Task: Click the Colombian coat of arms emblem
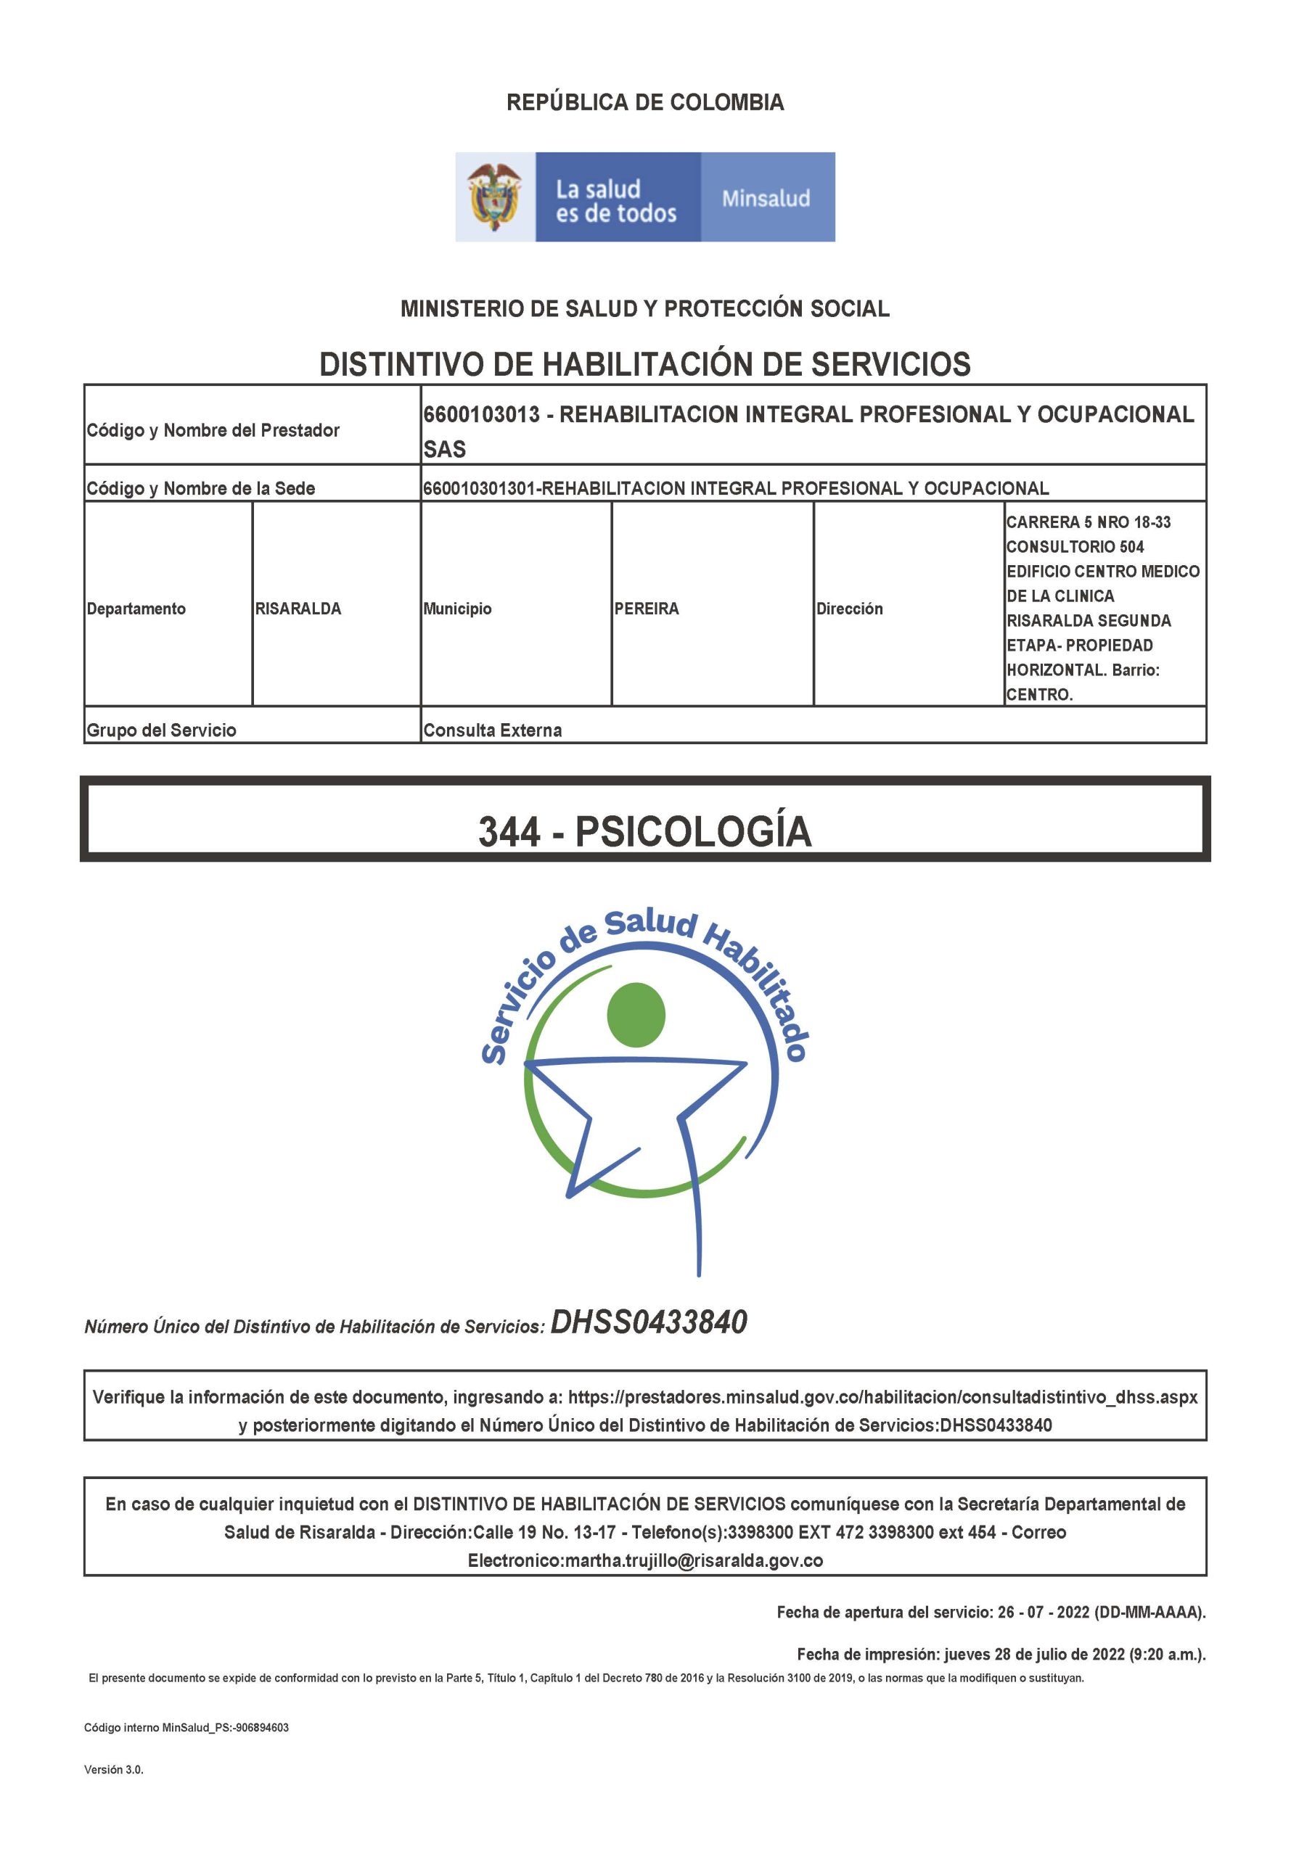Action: pos(495,197)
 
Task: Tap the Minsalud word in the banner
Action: pos(765,198)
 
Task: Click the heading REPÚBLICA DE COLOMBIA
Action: pos(644,103)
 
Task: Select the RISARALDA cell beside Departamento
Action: pos(298,609)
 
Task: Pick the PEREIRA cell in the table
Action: pos(647,609)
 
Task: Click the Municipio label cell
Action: pos(457,609)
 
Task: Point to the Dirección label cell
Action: pos(848,609)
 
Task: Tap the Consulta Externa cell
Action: pos(492,730)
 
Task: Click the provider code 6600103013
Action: pos(481,415)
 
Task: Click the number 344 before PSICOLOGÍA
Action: pos(509,831)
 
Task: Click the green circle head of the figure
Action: pos(636,1015)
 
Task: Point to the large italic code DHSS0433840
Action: pos(648,1322)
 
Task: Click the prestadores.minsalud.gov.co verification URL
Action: pos(882,1397)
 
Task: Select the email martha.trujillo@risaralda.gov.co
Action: pos(693,1560)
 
